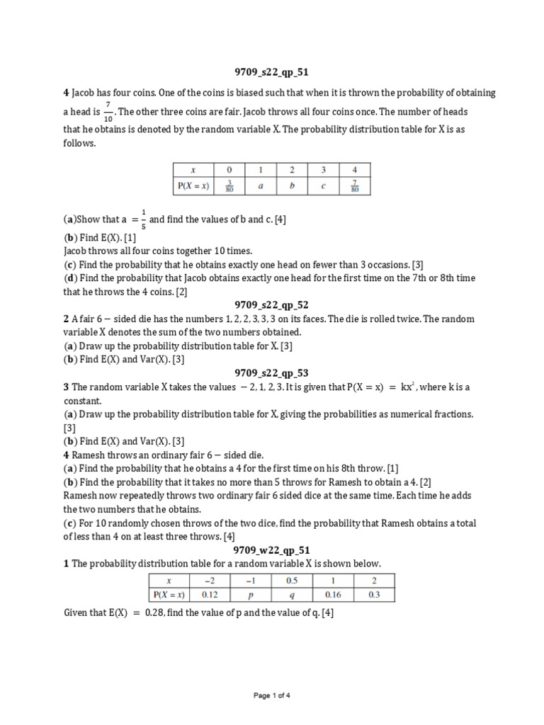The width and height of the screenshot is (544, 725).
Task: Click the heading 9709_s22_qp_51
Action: point(272,72)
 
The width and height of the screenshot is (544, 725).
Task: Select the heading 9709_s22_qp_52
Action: point(272,304)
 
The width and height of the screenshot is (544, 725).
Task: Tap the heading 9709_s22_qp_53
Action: point(272,373)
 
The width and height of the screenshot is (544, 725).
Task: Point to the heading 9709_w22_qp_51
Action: point(272,550)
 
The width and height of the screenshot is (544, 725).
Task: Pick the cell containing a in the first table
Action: point(260,187)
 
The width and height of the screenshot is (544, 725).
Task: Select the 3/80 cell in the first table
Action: point(227,187)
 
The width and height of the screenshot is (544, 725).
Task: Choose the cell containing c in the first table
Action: point(323,187)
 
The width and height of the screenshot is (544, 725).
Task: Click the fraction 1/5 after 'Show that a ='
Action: point(143,219)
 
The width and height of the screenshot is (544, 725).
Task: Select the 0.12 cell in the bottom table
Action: point(210,595)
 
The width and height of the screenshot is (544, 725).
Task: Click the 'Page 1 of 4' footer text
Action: point(272,696)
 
